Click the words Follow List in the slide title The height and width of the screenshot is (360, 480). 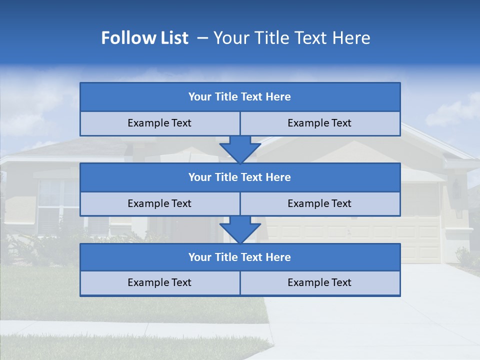point(144,38)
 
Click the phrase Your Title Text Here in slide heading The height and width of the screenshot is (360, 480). point(291,38)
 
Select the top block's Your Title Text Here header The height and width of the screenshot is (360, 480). point(239,97)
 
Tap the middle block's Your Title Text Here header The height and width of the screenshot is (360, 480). point(239,177)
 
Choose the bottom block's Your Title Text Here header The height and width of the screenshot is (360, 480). point(239,257)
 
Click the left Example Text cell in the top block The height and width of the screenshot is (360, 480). point(159,123)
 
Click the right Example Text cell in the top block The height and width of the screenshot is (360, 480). point(319,123)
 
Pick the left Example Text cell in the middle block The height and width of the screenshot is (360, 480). point(159,204)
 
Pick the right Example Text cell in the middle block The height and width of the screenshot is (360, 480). point(319,204)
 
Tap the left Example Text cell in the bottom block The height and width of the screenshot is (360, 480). point(159,283)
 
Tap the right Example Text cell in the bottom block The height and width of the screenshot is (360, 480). point(319,283)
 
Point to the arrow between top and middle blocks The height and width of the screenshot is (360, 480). point(240,149)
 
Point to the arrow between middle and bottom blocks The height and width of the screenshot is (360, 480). point(240,229)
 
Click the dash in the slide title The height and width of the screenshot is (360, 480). point(202,38)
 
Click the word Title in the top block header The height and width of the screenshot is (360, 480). point(226,97)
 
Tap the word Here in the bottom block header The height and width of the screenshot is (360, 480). point(278,257)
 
